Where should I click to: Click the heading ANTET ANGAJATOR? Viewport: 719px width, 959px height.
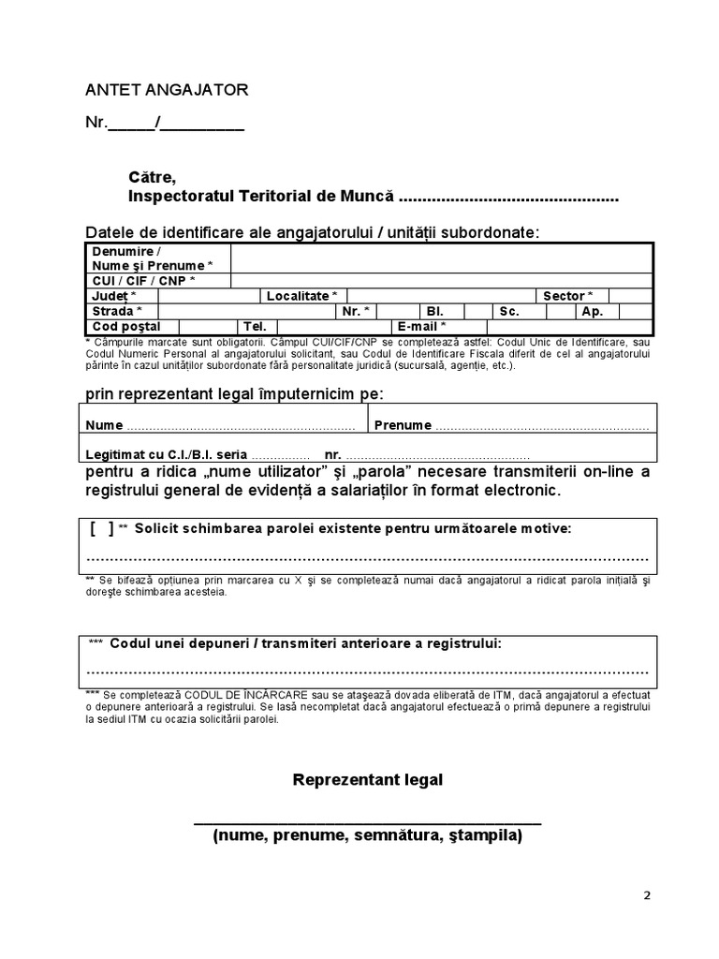pos(168,90)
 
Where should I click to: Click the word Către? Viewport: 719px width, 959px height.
pos(152,177)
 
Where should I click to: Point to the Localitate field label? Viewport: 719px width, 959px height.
pos(301,296)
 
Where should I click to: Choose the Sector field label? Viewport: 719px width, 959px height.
pos(568,296)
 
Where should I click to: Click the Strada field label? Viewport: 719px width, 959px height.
pos(118,311)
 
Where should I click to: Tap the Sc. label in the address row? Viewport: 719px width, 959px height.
pos(509,311)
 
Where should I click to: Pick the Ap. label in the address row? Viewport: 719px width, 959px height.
pos(593,311)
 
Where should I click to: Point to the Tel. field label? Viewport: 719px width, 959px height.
pos(256,326)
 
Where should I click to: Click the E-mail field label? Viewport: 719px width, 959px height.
pos(421,326)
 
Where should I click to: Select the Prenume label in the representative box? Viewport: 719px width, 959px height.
pos(403,425)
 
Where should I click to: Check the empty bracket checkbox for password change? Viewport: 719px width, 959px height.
pos(102,529)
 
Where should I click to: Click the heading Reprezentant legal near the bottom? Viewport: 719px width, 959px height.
pos(368,780)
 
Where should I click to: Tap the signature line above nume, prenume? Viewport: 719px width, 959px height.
pos(367,822)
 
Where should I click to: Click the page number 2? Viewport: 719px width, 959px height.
pos(647,894)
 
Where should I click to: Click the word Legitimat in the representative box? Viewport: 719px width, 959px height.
pos(117,454)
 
